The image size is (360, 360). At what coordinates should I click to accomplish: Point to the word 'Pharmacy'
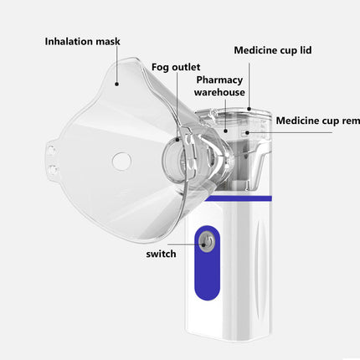coord(219,80)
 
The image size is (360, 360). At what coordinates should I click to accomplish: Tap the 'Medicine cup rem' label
coord(317,120)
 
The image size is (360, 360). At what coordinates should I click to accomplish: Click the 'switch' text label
coord(160,253)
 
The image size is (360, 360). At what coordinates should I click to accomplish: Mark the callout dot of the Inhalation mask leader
coord(117,82)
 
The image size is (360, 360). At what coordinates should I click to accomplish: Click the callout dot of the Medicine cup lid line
coord(249,107)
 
